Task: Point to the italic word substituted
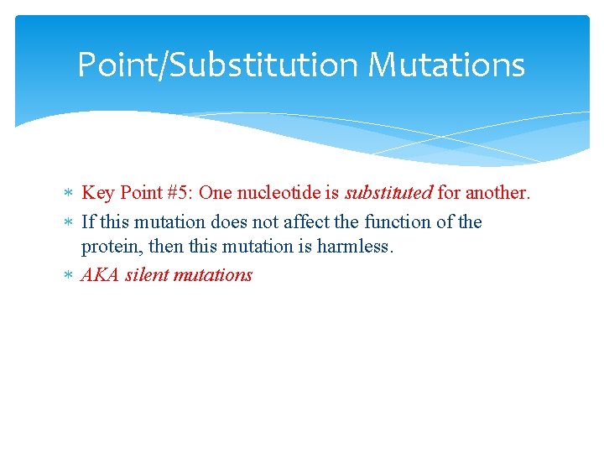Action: pyautogui.click(x=388, y=193)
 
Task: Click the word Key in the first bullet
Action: pyautogui.click(x=97, y=193)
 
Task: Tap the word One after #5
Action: pyautogui.click(x=216, y=193)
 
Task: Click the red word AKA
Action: pyautogui.click(x=100, y=275)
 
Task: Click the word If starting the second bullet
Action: pyautogui.click(x=87, y=222)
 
